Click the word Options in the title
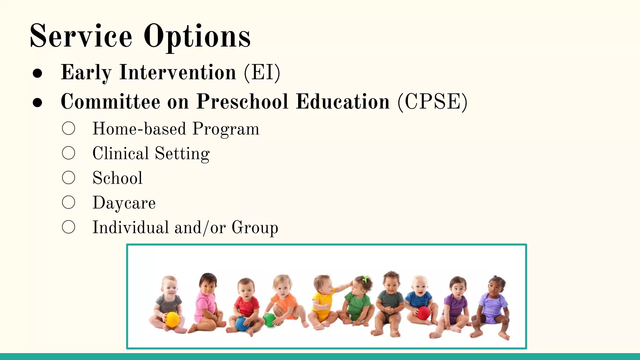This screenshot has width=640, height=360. pyautogui.click(x=197, y=37)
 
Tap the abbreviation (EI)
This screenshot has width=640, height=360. pyautogui.click(x=262, y=72)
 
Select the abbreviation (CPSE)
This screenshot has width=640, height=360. pyautogui.click(x=432, y=102)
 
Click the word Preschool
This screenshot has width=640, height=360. pyautogui.click(x=242, y=102)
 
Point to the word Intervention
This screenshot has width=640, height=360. pyautogui.click(x=177, y=72)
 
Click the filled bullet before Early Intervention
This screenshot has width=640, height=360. pyautogui.click(x=37, y=73)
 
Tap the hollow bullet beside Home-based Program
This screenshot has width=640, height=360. pyautogui.click(x=68, y=128)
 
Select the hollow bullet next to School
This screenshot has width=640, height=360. pyautogui.click(x=68, y=177)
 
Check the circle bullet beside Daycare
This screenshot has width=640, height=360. pyautogui.click(x=68, y=202)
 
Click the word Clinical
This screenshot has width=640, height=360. pyautogui.click(x=121, y=153)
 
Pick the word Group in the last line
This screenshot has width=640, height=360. pyautogui.click(x=255, y=227)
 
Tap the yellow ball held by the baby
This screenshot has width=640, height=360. pyautogui.click(x=172, y=319)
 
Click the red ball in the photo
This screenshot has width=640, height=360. pyautogui.click(x=423, y=313)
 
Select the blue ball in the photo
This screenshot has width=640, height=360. pyautogui.click(x=242, y=323)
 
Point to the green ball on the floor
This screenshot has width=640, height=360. pyautogui.click(x=269, y=320)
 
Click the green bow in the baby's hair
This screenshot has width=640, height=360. pyautogui.click(x=365, y=278)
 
